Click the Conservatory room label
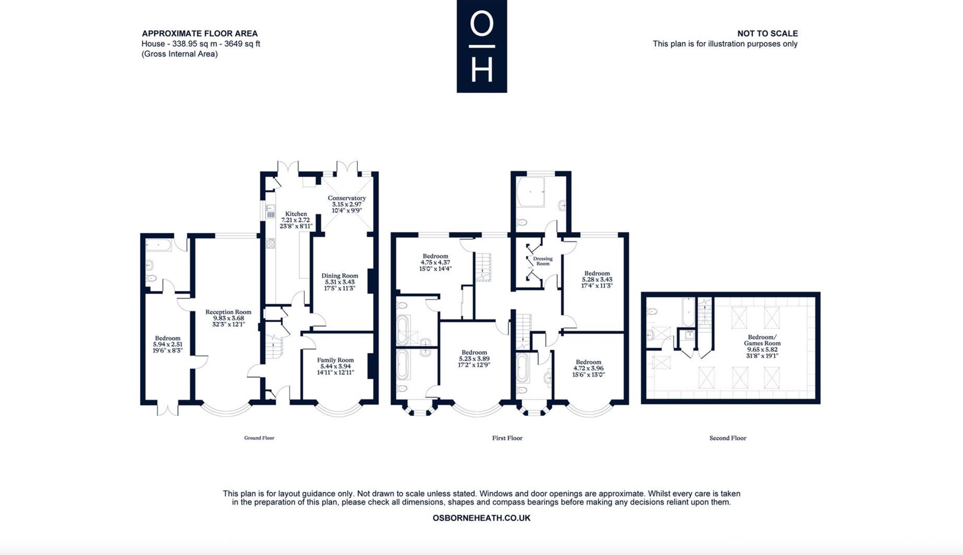[347, 198]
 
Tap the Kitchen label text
[296, 214]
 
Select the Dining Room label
[340, 276]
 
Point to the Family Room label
[335, 360]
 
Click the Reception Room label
[228, 312]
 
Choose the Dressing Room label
[543, 261]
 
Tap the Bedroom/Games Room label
[762, 340]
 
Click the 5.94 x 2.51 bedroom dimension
[168, 344]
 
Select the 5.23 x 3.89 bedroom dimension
[474, 359]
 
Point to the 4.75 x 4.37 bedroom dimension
[435, 263]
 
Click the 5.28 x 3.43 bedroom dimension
[597, 279]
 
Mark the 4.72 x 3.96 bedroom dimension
[588, 369]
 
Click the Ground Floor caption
[259, 438]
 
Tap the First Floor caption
[507, 438]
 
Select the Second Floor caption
[728, 438]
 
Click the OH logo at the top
[481, 46]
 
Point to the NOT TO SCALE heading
[768, 33]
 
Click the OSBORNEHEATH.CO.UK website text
[481, 518]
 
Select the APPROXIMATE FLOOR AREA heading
[200, 33]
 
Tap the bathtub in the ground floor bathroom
[158, 246]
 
